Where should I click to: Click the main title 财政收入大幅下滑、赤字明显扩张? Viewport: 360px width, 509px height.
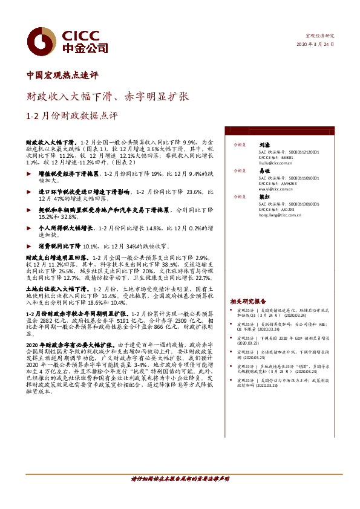(x=108, y=96)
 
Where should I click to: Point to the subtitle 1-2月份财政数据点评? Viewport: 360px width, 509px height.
(x=72, y=115)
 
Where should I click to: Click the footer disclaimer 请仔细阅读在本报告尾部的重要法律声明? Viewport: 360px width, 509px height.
(x=180, y=495)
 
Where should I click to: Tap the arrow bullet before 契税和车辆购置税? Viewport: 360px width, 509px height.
(x=31, y=209)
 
